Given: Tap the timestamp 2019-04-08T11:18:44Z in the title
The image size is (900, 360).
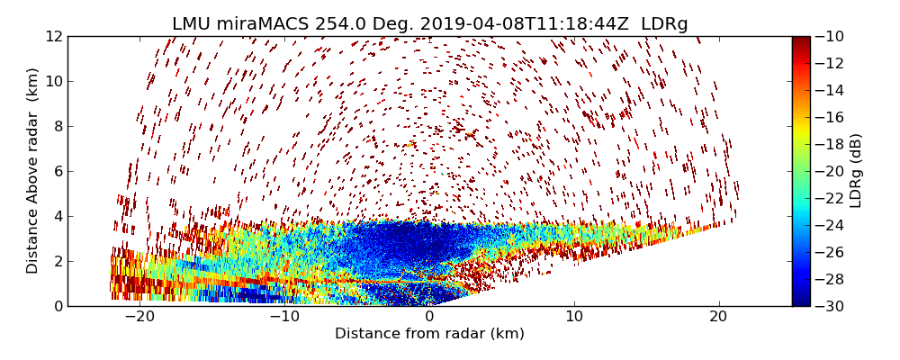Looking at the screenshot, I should (x=507, y=24).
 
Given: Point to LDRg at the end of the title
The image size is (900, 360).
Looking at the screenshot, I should (x=664, y=24).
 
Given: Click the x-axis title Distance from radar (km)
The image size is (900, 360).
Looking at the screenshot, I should (x=429, y=334).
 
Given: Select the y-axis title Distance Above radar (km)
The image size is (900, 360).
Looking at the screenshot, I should (x=33, y=170).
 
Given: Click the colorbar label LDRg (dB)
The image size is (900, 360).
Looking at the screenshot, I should (x=856, y=170).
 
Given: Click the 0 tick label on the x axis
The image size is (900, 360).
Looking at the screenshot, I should (x=429, y=317).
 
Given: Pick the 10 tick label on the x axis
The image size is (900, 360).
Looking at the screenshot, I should (x=574, y=317).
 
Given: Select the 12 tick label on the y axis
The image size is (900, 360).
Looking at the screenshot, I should (x=53, y=36).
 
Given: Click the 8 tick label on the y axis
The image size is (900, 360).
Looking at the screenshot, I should (x=57, y=126).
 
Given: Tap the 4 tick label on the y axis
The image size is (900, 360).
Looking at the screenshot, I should (x=57, y=216).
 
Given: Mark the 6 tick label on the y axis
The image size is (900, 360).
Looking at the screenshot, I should (x=57, y=171).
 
